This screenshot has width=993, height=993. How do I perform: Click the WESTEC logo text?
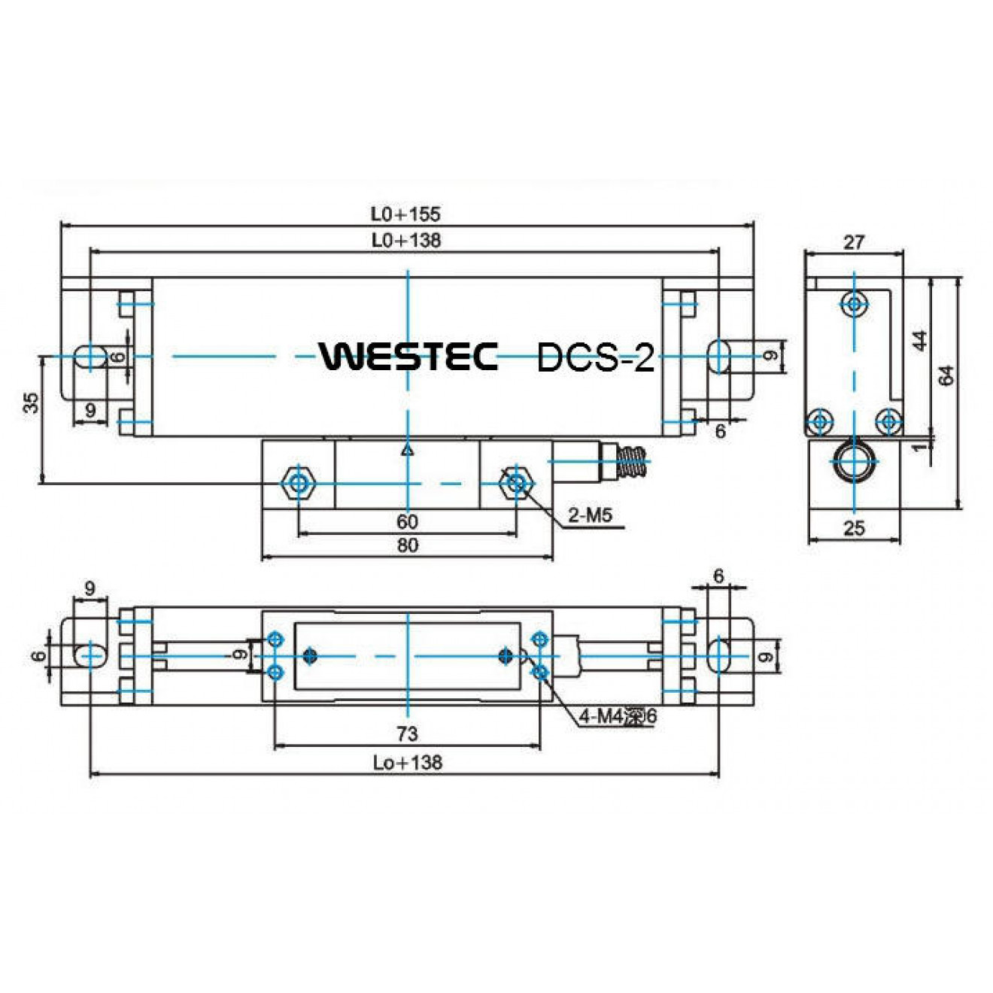408,356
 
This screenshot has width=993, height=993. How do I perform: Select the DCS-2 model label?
595,357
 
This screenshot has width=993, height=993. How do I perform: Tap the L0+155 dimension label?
405,214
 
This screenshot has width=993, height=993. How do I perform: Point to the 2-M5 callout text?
590,515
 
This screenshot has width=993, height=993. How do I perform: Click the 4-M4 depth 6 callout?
618,717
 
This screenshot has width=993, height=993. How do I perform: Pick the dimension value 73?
407,733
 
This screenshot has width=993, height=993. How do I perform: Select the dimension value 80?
407,545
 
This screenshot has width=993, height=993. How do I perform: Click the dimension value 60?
407,521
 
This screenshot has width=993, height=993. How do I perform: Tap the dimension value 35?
31,402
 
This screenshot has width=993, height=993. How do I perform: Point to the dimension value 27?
854,242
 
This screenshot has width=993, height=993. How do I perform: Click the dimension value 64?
947,375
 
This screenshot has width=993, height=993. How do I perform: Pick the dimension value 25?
854,528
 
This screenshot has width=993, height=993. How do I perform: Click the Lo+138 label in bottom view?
407,763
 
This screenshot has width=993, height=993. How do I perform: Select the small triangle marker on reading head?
407,451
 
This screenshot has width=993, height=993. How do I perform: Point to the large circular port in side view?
854,461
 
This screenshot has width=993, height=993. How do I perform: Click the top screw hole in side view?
854,304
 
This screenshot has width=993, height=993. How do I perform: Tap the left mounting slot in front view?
90,357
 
